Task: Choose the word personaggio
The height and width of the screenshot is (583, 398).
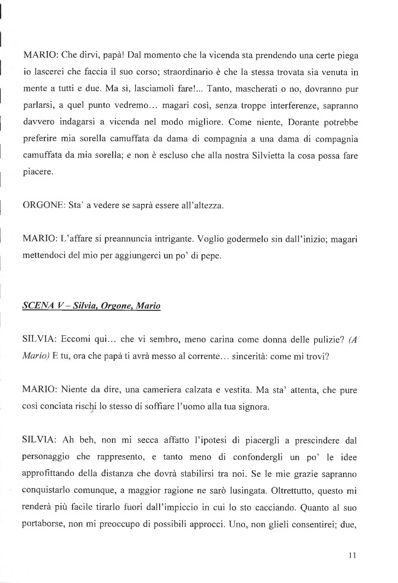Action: [46, 457]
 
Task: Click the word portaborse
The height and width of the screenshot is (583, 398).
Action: [43, 524]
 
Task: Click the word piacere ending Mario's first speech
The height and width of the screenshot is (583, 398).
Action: [38, 172]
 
